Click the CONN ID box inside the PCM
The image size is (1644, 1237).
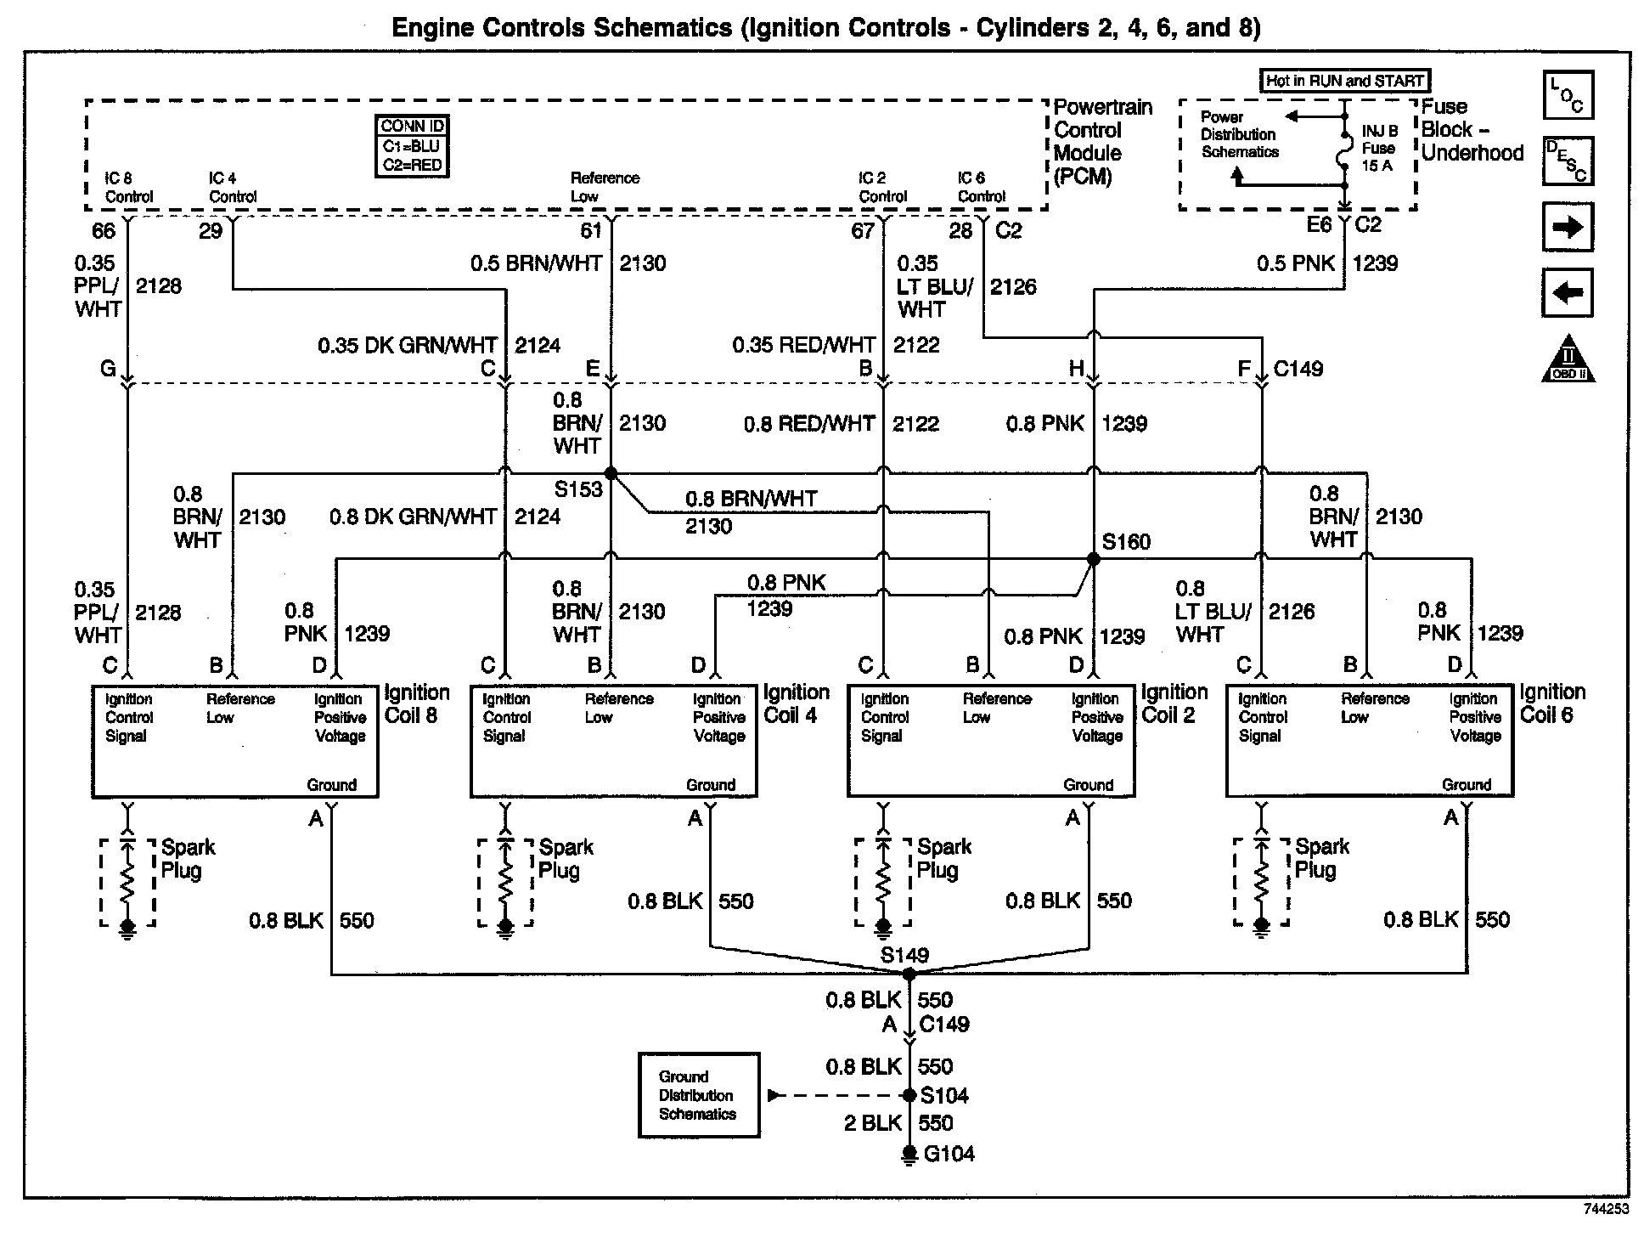click(x=412, y=146)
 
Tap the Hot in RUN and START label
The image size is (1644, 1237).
click(x=1344, y=82)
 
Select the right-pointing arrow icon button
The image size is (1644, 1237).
click(x=1567, y=227)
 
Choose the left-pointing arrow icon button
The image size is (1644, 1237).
click(x=1567, y=293)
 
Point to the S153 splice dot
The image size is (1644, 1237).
click(x=610, y=473)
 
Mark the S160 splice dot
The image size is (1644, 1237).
click(x=1094, y=559)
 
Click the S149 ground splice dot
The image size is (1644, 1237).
click(x=909, y=974)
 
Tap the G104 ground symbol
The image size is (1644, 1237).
click(x=909, y=1154)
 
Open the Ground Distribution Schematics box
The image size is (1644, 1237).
click(x=698, y=1095)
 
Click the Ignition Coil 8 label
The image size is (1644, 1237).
click(x=416, y=704)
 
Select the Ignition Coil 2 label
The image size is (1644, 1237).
click(x=1174, y=704)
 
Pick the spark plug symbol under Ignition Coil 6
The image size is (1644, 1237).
click(x=1261, y=884)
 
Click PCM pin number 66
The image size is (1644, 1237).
click(x=104, y=231)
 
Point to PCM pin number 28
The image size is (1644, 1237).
click(x=960, y=231)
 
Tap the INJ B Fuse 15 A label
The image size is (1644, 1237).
click(x=1379, y=149)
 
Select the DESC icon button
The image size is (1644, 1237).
click(x=1567, y=161)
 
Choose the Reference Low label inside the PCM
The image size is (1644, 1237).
click(x=605, y=187)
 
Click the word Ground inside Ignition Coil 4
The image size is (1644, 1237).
click(x=711, y=785)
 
